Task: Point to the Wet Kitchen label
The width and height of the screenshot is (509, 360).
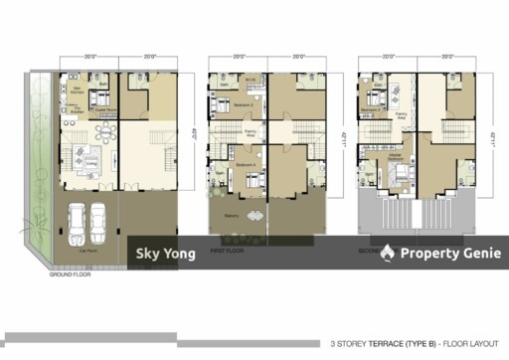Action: click(x=72, y=88)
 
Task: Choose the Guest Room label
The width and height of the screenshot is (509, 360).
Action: click(x=100, y=111)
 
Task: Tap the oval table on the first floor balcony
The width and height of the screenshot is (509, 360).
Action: click(x=254, y=217)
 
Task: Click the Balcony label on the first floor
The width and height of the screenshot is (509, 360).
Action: click(x=231, y=215)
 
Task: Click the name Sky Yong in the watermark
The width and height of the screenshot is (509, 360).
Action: click(x=165, y=254)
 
